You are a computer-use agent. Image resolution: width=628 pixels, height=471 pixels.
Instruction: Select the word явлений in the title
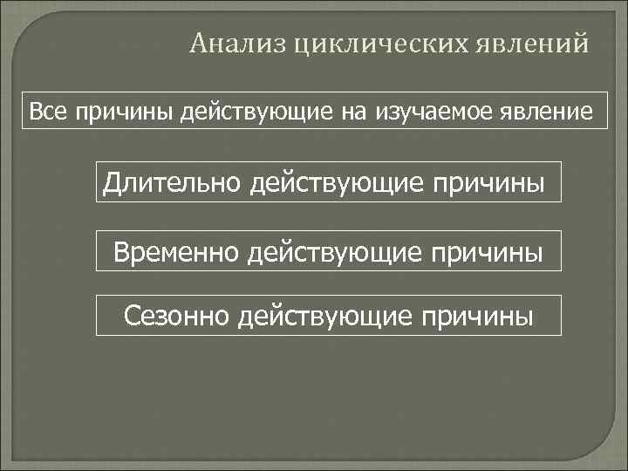click(536, 42)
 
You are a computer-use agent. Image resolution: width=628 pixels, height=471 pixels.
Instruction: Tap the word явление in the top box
click(551, 112)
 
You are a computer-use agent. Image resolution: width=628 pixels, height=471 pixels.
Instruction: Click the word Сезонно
click(176, 314)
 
